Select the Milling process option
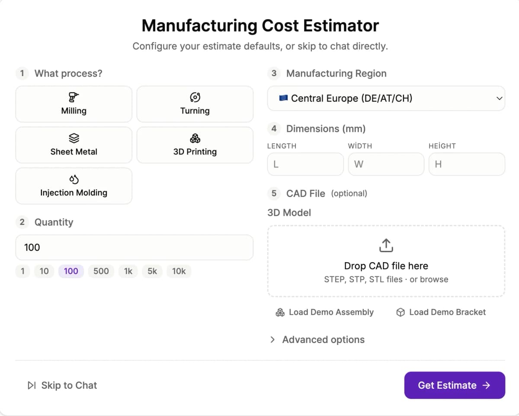click(x=74, y=104)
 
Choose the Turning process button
click(x=195, y=104)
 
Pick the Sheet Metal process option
click(x=74, y=145)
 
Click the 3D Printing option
click(x=195, y=145)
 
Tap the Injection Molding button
click(x=74, y=186)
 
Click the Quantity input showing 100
click(x=134, y=247)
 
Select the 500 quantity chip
click(x=101, y=271)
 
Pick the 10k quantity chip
click(x=179, y=271)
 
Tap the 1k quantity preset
click(x=128, y=271)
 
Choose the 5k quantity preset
click(x=152, y=271)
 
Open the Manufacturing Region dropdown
click(x=386, y=98)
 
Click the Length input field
click(x=305, y=164)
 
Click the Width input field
click(x=386, y=164)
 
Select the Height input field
click(x=467, y=164)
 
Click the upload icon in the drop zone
click(x=386, y=245)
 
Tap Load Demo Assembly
click(x=325, y=312)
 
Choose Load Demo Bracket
click(x=441, y=312)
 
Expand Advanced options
click(x=317, y=340)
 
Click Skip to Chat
click(x=62, y=385)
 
